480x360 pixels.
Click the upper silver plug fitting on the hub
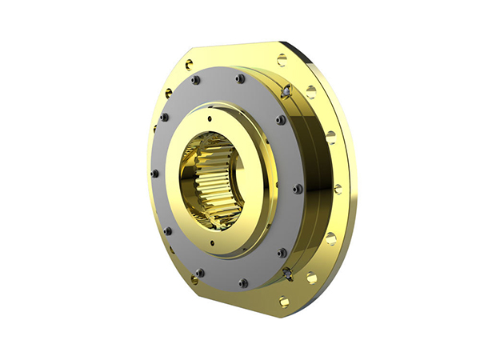(286, 94)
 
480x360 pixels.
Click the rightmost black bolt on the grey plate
(298, 189)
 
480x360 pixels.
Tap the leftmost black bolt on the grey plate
(154, 173)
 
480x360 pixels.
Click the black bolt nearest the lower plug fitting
(282, 252)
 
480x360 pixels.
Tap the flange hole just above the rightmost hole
(330, 134)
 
